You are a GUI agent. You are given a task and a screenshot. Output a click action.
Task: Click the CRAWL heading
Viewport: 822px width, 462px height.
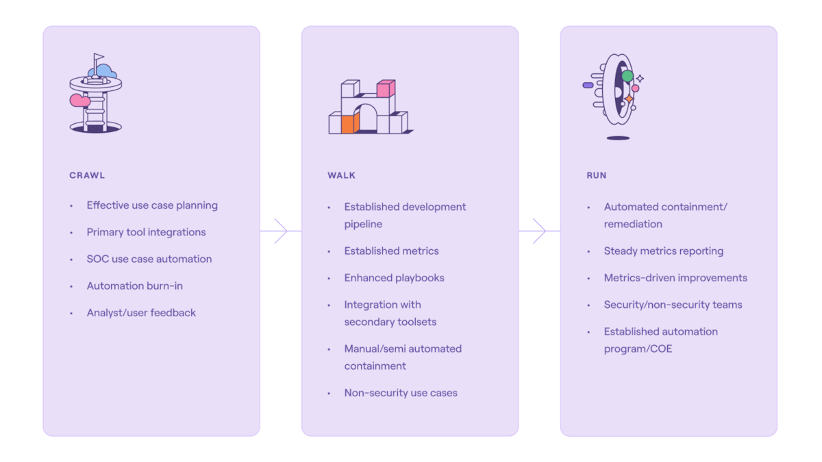87,175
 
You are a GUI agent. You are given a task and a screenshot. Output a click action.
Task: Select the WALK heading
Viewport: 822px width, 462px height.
341,175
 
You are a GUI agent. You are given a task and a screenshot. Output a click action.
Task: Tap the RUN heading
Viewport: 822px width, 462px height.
596,175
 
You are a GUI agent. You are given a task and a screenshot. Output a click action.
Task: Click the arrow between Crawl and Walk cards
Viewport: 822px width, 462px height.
281,231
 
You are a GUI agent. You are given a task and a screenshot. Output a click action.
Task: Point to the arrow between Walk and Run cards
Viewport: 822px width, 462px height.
540,231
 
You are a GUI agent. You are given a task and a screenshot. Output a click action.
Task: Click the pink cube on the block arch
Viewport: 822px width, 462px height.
386,89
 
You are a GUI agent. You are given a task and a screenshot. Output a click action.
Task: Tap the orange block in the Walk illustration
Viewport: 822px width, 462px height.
349,123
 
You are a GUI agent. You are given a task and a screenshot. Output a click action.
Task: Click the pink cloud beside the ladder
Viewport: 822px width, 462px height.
79,101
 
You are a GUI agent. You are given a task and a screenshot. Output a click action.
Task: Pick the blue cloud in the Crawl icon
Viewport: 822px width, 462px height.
103,70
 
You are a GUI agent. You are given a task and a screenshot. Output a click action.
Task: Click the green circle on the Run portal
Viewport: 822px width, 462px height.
627,75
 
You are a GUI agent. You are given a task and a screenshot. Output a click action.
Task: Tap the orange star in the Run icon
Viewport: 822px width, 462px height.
629,99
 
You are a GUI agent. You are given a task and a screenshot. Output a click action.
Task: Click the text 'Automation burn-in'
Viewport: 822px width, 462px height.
134,286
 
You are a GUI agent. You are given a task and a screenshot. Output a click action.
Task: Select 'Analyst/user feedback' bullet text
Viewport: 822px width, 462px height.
141,313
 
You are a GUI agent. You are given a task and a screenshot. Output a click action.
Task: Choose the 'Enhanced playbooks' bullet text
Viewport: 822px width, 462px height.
394,278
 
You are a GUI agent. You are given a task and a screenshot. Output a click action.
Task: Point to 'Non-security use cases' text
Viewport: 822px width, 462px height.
401,393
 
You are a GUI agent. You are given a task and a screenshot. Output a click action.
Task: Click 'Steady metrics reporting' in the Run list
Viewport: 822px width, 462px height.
663,251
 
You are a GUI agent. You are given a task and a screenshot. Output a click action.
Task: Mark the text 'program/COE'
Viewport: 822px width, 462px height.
638,349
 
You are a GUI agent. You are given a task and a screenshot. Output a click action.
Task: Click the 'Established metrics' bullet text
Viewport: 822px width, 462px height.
391,251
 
